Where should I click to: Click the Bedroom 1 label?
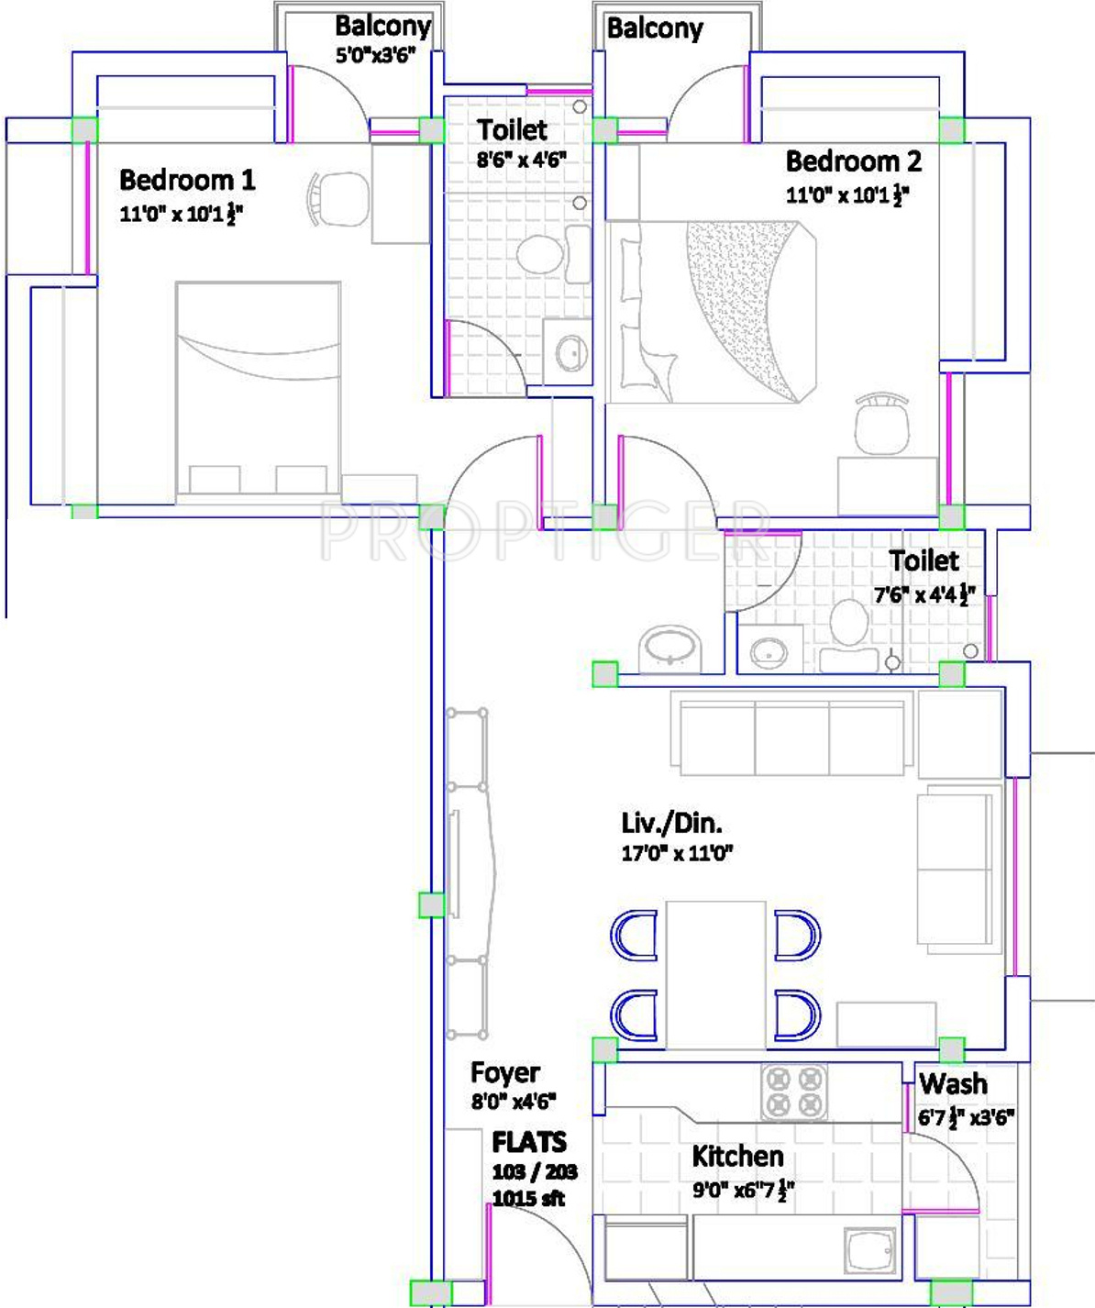tap(187, 181)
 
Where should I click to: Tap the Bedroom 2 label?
tap(853, 161)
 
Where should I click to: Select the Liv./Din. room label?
tap(671, 823)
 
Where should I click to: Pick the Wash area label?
tap(953, 1084)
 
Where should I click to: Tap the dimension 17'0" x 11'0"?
tap(677, 853)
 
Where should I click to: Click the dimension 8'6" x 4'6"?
tap(521, 160)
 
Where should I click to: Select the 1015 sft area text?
tap(529, 1198)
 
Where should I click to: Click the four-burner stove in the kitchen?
tap(793, 1092)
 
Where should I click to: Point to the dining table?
tap(715, 975)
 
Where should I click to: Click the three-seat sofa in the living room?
tap(791, 734)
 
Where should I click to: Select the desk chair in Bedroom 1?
tap(338, 197)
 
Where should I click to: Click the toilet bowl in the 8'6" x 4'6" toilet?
tap(540, 254)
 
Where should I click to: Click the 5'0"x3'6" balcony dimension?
tap(376, 55)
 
